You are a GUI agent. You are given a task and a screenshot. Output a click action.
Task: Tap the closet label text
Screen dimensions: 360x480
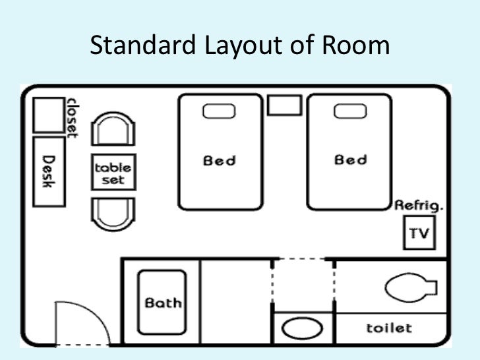point(71,117)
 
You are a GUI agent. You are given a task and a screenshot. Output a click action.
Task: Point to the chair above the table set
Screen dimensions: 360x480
point(113,129)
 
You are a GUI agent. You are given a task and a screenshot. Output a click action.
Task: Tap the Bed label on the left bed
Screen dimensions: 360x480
point(220,160)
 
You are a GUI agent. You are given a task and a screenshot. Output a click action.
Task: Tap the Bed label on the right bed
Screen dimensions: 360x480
point(351,160)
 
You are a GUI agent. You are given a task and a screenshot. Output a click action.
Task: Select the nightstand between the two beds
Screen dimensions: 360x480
point(285,105)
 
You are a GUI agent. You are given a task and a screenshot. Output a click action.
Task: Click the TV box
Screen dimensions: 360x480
point(419,233)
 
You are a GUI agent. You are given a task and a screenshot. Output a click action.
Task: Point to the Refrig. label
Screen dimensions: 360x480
point(419,206)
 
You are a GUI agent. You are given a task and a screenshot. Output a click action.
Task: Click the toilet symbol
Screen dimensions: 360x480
point(409,288)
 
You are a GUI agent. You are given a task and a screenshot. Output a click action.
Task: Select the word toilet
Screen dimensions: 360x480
point(389,328)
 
